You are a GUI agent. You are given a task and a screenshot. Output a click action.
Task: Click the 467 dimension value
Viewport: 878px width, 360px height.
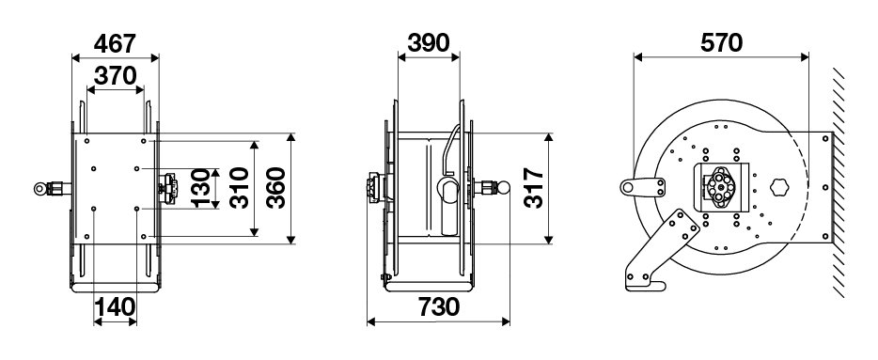115,43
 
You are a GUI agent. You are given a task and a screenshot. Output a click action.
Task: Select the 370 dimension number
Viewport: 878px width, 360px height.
116,76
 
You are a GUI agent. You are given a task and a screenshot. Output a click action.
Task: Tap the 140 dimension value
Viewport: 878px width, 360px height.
115,306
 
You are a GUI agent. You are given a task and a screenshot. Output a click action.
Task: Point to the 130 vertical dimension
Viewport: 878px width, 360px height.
201,188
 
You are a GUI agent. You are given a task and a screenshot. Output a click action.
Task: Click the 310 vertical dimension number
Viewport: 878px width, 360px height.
240,188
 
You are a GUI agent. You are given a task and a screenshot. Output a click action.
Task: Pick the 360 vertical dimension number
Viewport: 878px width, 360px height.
275,188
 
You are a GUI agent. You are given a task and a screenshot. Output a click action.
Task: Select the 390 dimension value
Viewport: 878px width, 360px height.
429,43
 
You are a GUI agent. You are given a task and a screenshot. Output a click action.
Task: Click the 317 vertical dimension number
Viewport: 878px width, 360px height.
534,188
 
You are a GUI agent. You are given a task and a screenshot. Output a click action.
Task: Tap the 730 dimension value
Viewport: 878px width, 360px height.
438,306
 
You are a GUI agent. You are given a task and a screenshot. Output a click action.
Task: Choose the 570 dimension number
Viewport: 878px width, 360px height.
721,43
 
